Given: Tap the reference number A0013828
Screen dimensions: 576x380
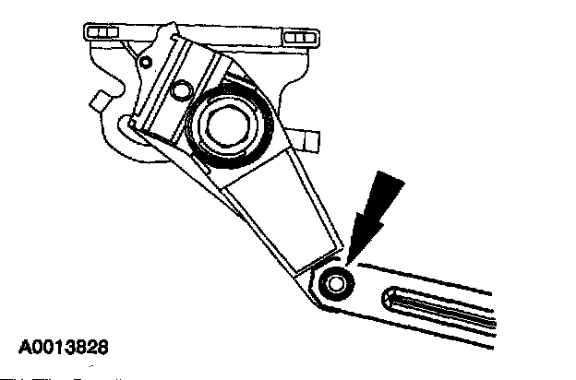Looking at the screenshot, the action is point(63,349).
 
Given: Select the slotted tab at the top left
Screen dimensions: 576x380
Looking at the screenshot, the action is point(103,34).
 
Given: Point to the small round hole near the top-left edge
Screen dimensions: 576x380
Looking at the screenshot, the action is point(146,63).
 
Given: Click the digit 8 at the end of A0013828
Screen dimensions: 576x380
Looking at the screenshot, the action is point(104,349).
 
